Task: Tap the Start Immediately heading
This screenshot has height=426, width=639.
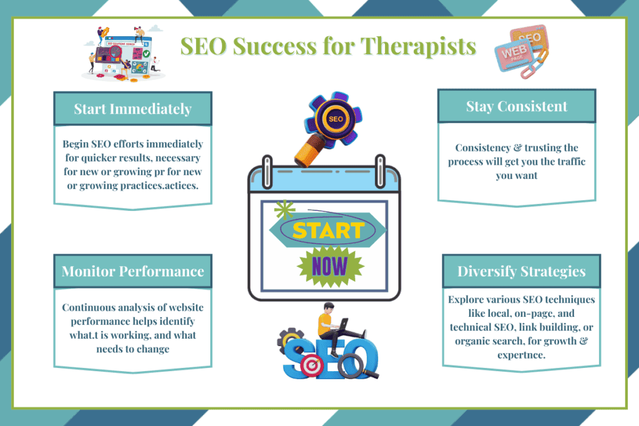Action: point(132,109)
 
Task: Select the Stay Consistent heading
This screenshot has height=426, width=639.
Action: point(517,106)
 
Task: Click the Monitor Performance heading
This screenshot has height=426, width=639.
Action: point(132,271)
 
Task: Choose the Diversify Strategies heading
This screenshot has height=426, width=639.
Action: point(521,271)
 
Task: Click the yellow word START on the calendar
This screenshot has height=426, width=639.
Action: point(328,230)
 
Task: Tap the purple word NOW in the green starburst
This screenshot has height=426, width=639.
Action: point(329,266)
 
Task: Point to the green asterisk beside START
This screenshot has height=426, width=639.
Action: point(285,209)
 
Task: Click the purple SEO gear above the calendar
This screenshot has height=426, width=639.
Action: point(336,119)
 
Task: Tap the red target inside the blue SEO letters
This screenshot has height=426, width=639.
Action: point(310,367)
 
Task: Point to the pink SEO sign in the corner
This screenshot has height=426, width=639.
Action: point(528,38)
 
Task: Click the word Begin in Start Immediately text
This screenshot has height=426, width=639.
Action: point(76,144)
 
